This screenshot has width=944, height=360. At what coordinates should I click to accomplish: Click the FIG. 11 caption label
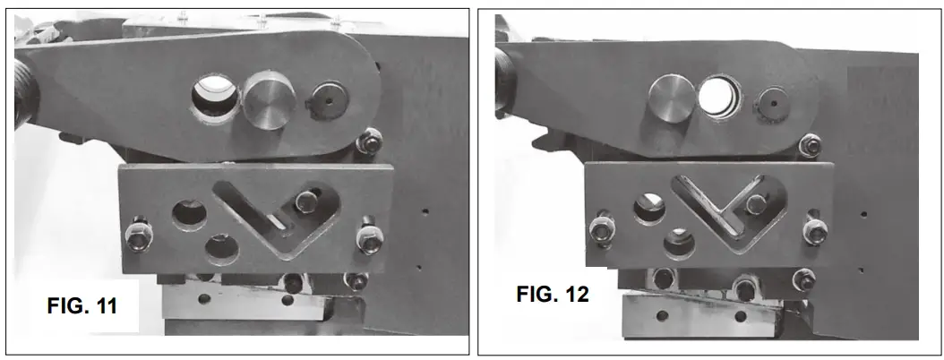point(82,305)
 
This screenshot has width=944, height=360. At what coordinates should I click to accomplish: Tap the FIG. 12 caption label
point(553,294)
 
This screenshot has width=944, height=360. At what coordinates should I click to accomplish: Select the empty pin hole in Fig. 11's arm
point(216,93)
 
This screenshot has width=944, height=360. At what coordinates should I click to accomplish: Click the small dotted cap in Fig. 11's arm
point(325,100)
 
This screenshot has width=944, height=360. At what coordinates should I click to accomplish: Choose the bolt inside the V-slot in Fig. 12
point(755,202)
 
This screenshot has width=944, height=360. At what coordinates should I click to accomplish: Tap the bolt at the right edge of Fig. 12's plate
point(814,231)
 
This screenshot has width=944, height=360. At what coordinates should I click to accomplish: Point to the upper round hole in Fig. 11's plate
point(188,211)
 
